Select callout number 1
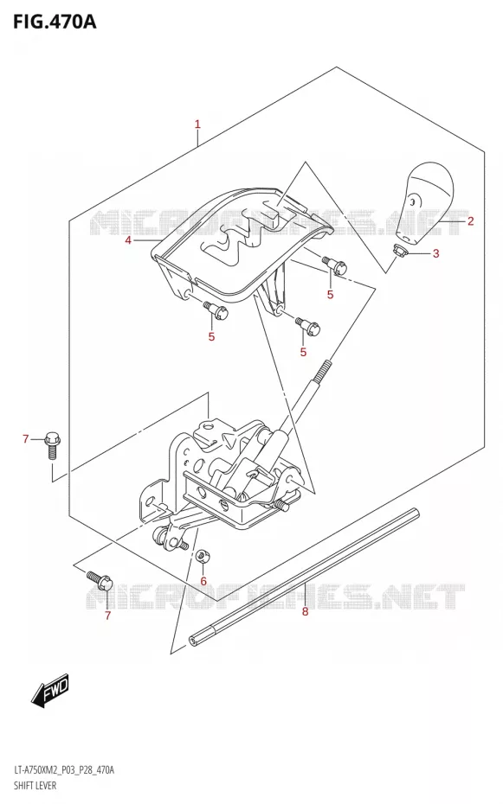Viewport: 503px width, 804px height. point(197,124)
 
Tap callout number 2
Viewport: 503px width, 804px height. point(470,221)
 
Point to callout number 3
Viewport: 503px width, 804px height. point(435,252)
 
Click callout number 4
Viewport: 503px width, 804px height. point(128,240)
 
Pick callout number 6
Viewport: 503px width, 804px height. point(203,581)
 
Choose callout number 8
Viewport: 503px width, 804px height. point(305,611)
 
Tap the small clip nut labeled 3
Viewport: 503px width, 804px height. point(400,251)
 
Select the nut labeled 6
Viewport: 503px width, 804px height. point(203,555)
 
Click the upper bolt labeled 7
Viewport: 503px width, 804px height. point(52,445)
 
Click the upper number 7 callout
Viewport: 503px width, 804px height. point(26,439)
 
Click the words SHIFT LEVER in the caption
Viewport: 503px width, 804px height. point(36,785)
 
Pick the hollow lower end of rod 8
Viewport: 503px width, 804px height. point(194,640)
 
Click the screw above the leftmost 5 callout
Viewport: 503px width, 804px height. point(216,309)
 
